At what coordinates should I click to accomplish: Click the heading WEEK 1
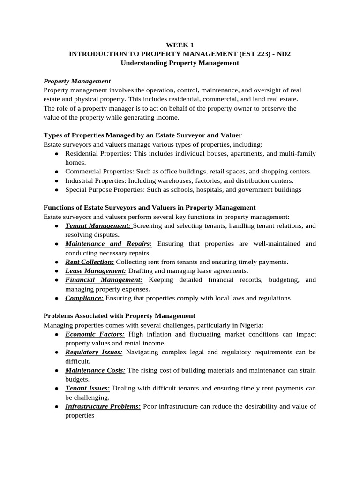[x=180, y=45]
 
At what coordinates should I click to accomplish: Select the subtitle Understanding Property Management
[x=180, y=63]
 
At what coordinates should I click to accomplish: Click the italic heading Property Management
[x=77, y=81]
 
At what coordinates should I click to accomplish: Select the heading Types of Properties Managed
[x=142, y=135]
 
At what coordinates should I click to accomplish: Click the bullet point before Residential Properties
[x=57, y=154]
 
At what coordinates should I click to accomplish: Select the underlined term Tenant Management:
[x=98, y=226]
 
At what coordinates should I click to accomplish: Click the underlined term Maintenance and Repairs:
[x=108, y=244]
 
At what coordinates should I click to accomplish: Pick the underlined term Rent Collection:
[x=90, y=262]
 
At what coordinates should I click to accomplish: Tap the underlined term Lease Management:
[x=96, y=270]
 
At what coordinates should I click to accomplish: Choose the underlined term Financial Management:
[x=104, y=280]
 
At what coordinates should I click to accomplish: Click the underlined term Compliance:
[x=84, y=298]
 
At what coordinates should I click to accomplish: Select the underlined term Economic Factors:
[x=95, y=334]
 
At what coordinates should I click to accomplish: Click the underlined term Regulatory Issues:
[x=94, y=352]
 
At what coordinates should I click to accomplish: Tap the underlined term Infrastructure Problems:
[x=103, y=406]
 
